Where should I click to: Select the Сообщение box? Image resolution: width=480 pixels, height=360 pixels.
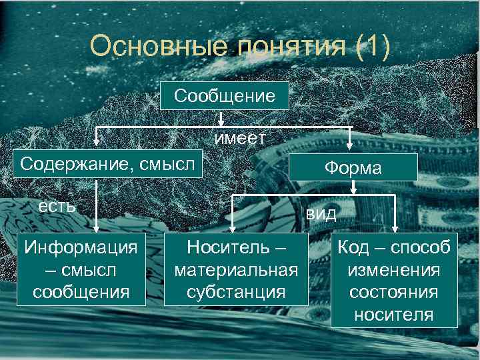(225, 96)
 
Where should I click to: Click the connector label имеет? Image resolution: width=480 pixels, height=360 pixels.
(240, 137)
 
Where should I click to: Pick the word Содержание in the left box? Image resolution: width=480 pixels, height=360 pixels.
(73, 163)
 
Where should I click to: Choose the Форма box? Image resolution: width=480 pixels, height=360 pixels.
(353, 168)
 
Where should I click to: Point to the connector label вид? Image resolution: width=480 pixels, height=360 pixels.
(321, 214)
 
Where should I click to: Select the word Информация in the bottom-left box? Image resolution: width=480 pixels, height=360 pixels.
(81, 247)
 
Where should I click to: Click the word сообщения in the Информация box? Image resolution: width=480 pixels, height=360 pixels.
(81, 291)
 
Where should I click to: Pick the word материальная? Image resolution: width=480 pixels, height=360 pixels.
(235, 269)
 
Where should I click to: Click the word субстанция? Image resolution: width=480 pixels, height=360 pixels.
(235, 291)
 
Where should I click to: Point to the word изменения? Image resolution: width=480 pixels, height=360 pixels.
(393, 270)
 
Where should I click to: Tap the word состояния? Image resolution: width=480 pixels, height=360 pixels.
(393, 292)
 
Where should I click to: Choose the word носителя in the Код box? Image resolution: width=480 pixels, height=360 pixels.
(393, 314)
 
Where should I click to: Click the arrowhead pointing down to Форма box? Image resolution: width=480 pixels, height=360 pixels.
(351, 147)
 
